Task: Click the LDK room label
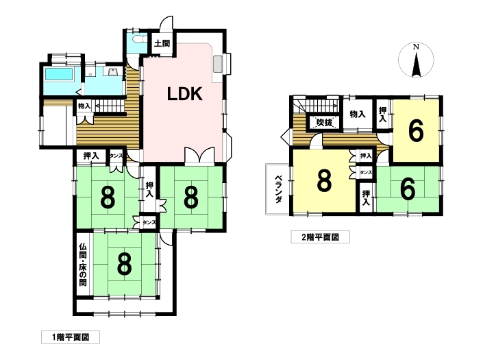coord(184,94)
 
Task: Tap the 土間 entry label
coord(162,43)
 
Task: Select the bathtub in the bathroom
coord(59,74)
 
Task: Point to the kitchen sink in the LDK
coord(218,64)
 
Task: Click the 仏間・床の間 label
coord(82,265)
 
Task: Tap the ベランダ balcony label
coord(278,189)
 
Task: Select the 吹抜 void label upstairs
coord(324,123)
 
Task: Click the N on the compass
coord(416,47)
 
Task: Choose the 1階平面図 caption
coord(71,337)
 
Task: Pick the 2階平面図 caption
coord(320,237)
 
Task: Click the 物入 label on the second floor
coord(358,115)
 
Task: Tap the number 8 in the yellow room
coord(324,182)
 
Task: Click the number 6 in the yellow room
coord(416,131)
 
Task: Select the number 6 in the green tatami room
coord(408,190)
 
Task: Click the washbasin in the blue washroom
coord(111,72)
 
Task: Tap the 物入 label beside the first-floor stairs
coord(84,106)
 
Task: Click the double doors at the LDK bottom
coord(199,155)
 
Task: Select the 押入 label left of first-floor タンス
coord(90,156)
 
